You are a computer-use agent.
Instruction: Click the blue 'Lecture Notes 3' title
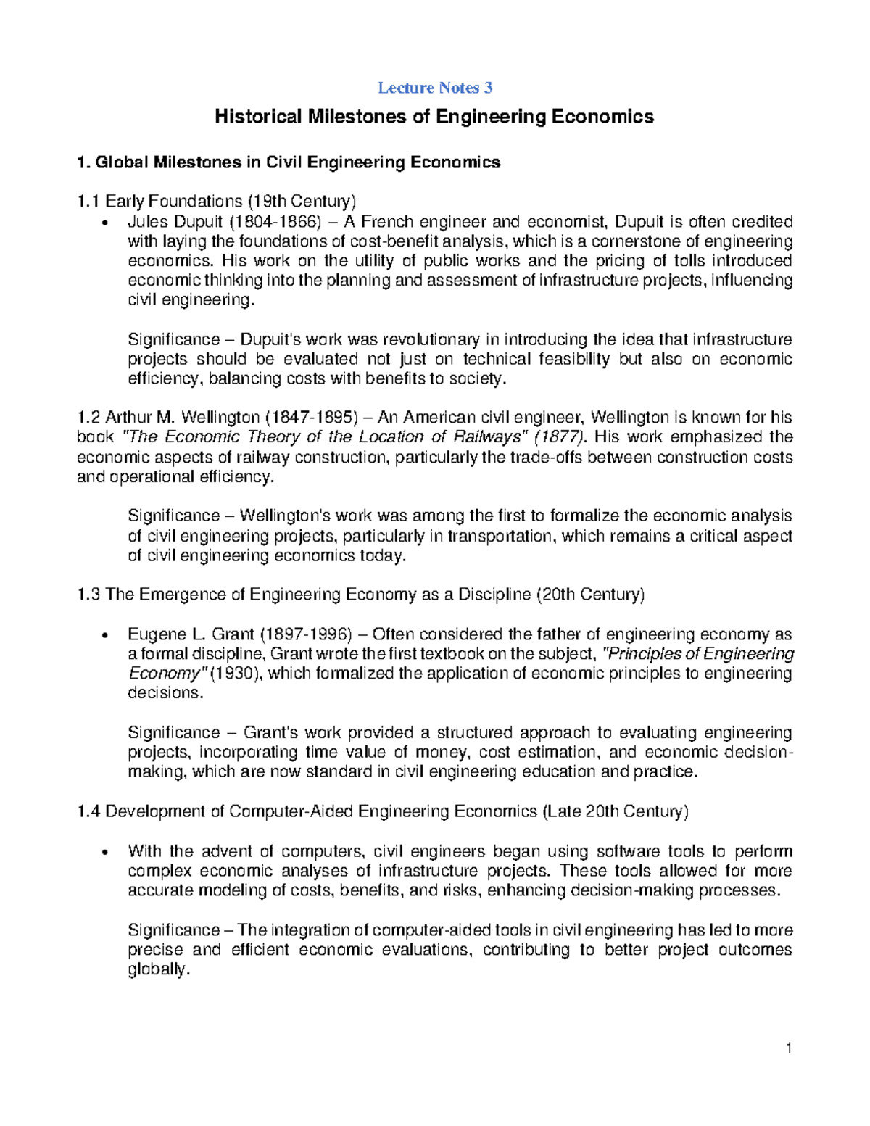click(x=435, y=88)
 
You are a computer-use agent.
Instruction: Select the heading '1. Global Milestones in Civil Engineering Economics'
click(x=288, y=162)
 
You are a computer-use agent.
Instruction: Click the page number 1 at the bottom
click(x=789, y=1048)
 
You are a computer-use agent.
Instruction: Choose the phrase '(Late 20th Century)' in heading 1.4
click(x=615, y=811)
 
